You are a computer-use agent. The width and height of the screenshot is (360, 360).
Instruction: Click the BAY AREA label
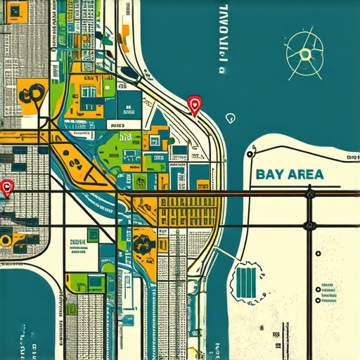pos(290,174)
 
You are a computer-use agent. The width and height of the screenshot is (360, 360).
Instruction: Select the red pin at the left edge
pos(8,188)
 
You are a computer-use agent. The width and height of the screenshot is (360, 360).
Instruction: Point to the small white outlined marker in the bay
pos(230,117)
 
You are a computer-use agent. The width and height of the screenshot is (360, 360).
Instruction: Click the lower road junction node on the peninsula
pos(309,226)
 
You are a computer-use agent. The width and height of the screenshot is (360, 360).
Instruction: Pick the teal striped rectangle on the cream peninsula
pos(246,282)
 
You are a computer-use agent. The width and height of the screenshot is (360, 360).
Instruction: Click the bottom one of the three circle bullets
pos(319,300)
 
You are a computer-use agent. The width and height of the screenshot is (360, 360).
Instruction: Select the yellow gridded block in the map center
pos(187,212)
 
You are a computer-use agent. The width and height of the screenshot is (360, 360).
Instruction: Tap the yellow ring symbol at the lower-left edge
pos(6,239)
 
